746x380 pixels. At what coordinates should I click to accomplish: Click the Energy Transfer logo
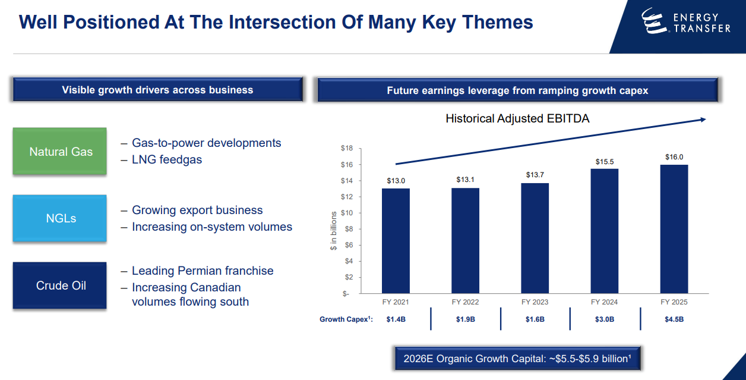click(x=686, y=21)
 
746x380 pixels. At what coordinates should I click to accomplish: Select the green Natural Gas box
click(x=59, y=151)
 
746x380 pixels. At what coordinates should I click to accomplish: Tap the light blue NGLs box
click(x=59, y=218)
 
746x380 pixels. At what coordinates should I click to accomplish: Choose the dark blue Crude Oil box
click(x=59, y=285)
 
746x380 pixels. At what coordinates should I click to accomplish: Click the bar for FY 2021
click(x=396, y=241)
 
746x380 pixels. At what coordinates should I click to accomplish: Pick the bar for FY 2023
click(x=535, y=238)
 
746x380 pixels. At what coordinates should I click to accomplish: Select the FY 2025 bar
click(x=674, y=229)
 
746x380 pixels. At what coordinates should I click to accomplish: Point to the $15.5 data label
click(x=605, y=162)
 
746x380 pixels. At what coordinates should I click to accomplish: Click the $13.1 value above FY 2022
click(x=465, y=180)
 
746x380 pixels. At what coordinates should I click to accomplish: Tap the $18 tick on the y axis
click(x=347, y=148)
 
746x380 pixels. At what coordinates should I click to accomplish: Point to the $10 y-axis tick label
click(x=347, y=213)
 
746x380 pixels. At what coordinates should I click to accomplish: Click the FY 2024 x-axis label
click(x=604, y=302)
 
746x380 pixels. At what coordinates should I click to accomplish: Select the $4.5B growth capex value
click(x=674, y=319)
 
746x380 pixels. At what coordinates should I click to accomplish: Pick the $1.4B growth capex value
click(x=396, y=319)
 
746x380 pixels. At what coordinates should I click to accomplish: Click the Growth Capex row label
click(x=346, y=319)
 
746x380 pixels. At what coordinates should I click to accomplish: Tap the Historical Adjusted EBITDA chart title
click(x=517, y=118)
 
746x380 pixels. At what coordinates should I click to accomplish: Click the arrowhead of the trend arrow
click(x=703, y=120)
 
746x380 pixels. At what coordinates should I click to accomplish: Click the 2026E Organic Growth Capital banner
click(x=517, y=359)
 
